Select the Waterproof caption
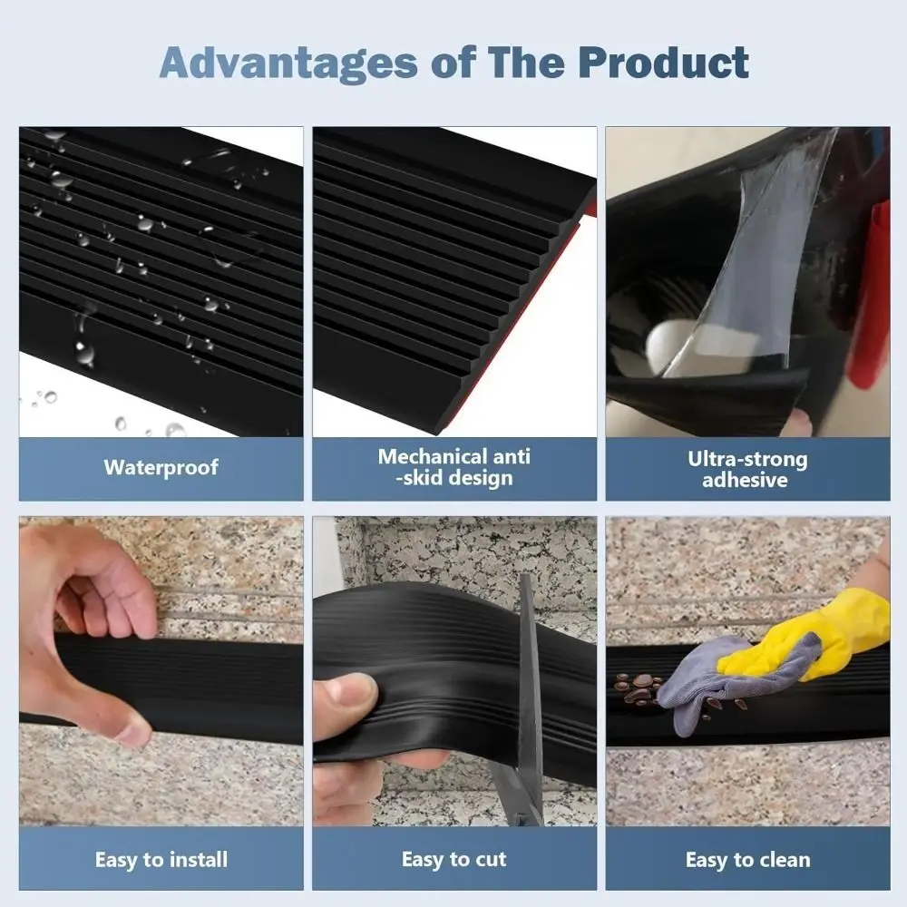tap(161, 468)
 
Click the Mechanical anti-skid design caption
tap(454, 467)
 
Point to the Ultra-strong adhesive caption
tap(747, 469)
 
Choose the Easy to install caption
tap(161, 859)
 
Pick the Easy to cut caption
tap(454, 859)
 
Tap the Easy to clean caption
tap(747, 859)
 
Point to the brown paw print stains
tap(639, 688)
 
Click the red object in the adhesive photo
tap(872, 290)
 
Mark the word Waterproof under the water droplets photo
tap(161, 468)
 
